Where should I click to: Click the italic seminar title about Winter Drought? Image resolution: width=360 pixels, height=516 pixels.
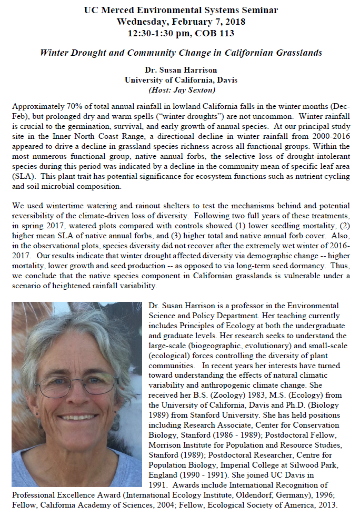(181, 53)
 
